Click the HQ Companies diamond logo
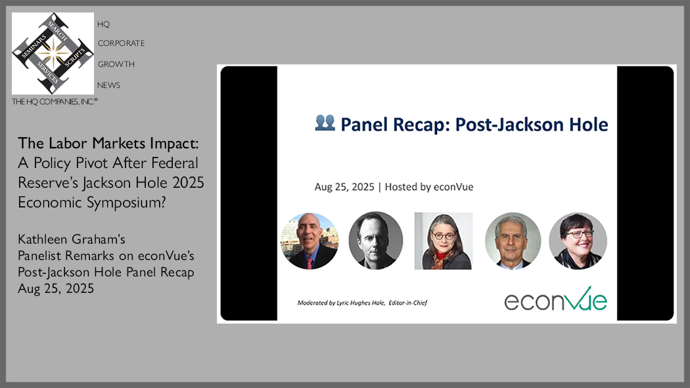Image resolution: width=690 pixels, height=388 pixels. click(x=53, y=53)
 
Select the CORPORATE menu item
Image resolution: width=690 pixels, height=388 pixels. click(x=121, y=43)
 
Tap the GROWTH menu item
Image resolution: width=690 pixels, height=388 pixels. click(x=116, y=64)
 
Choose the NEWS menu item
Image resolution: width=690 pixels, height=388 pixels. click(x=108, y=85)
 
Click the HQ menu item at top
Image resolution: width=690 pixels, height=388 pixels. click(x=103, y=24)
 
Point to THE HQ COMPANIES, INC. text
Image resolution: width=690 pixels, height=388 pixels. click(x=55, y=102)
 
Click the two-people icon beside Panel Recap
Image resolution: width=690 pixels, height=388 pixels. click(x=325, y=123)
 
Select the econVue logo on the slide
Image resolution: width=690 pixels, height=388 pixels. click(x=555, y=299)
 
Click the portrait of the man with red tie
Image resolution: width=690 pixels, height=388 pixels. click(x=310, y=241)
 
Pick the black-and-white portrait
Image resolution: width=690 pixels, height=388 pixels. click(x=375, y=240)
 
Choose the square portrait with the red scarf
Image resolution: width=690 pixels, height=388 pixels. click(x=444, y=241)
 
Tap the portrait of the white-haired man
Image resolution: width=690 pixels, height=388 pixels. click(x=513, y=241)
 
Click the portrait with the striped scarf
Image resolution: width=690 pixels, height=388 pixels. click(x=578, y=241)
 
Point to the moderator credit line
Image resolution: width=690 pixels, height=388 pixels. click(x=362, y=303)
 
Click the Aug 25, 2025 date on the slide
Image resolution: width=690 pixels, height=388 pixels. click(x=344, y=186)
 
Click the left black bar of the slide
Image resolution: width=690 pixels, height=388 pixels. click(x=249, y=193)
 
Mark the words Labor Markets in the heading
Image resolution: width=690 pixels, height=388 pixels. click(x=97, y=143)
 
